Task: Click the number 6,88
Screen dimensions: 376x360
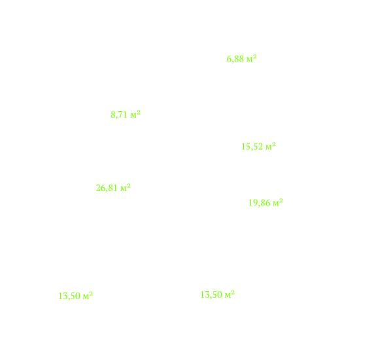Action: click(235, 59)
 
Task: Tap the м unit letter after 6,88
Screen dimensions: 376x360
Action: click(249, 60)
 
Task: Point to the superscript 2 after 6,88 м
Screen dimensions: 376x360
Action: click(254, 57)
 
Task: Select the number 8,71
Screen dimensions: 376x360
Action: click(119, 115)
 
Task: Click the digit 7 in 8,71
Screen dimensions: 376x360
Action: click(120, 115)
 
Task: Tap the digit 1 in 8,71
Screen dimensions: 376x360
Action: click(125, 115)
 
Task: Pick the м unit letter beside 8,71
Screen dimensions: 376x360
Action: click(133, 116)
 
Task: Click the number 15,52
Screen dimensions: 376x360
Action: click(252, 147)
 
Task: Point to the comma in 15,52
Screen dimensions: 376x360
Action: click(252, 149)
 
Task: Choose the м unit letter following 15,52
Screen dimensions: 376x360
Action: click(269, 147)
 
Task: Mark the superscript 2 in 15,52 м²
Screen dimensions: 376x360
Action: click(274, 144)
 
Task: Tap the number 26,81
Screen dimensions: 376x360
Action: click(107, 188)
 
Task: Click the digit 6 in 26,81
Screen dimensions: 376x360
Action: click(103, 188)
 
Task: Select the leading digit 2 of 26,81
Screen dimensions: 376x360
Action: click(98, 188)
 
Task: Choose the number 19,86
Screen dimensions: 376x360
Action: click(259, 203)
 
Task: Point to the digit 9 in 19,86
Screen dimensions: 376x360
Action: click(255, 203)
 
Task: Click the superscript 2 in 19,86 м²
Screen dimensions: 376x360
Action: click(281, 201)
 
